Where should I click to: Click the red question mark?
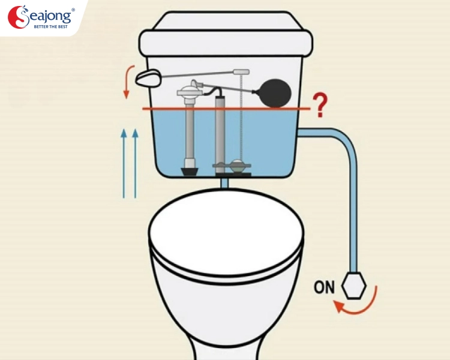click(x=320, y=105)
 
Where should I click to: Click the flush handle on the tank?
click(x=148, y=78)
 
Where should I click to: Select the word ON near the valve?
click(x=324, y=287)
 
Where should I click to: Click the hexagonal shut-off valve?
click(x=354, y=286)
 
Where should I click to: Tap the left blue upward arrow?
click(x=124, y=163)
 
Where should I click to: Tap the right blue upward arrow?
click(x=135, y=163)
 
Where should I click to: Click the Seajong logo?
click(x=40, y=17)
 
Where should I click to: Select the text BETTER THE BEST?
click(x=50, y=26)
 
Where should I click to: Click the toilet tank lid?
click(x=226, y=34)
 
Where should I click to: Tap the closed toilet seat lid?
click(x=226, y=233)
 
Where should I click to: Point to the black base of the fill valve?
click(x=190, y=172)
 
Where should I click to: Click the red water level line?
click(x=226, y=109)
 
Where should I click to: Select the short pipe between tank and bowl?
click(x=224, y=183)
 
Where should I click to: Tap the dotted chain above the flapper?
click(x=241, y=118)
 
